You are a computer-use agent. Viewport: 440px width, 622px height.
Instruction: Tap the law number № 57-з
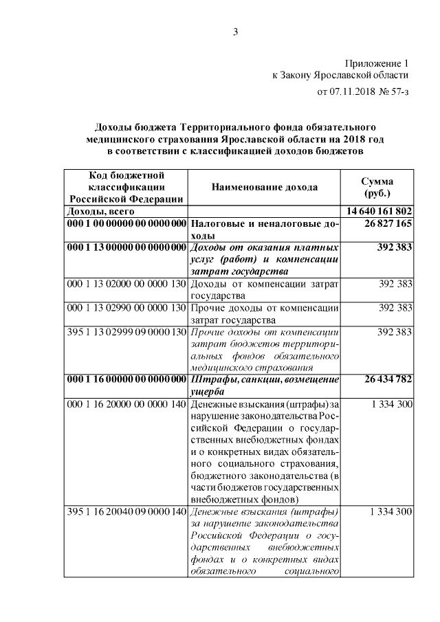(x=394, y=91)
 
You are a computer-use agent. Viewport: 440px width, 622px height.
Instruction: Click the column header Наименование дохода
(x=265, y=187)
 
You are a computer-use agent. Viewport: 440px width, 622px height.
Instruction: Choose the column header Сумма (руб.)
(x=377, y=187)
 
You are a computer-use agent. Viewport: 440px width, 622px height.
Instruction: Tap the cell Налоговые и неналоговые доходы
(x=265, y=230)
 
